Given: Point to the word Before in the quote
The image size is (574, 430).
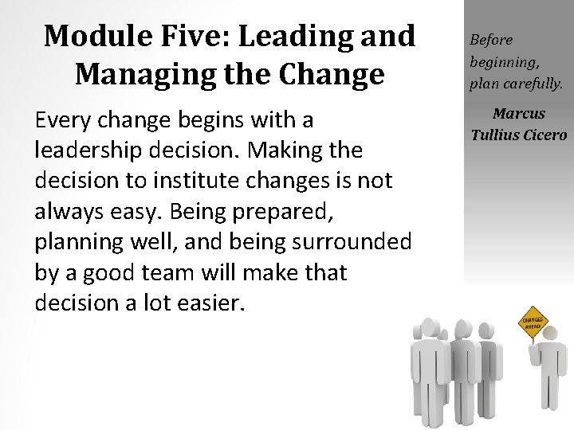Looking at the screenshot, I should click(491, 39).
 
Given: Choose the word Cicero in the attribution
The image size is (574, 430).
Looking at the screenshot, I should click(545, 135).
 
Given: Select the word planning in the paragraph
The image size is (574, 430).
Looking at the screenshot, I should click(73, 241).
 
